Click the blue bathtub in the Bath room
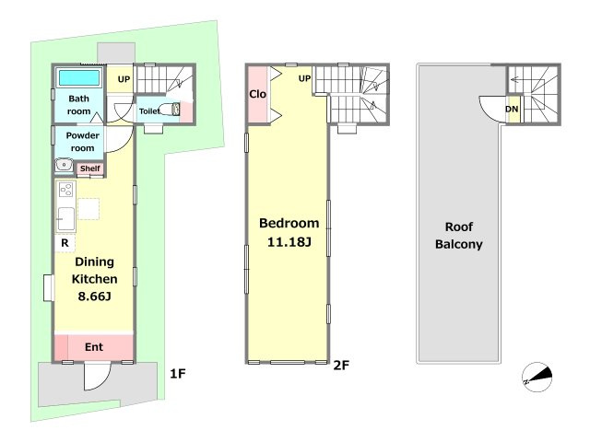click(79, 78)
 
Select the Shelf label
click(90, 169)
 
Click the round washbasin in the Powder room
click(65, 165)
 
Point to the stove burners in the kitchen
click(65, 190)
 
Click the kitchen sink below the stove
click(65, 219)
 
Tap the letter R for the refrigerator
click(65, 243)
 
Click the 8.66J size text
click(94, 297)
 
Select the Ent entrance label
click(94, 347)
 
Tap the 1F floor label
click(178, 374)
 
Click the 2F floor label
click(341, 365)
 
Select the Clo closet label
click(257, 94)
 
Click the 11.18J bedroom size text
click(289, 242)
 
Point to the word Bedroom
click(289, 223)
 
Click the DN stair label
click(512, 109)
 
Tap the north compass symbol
click(537, 377)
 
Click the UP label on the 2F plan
click(304, 78)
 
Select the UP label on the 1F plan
click(124, 79)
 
